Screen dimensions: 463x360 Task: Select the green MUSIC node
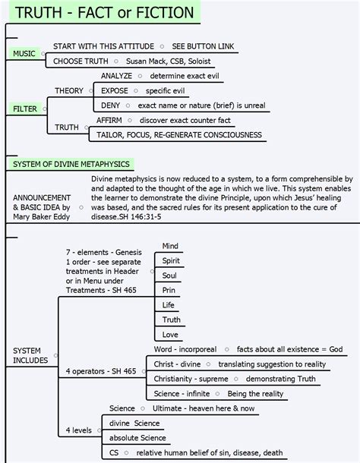[x=25, y=54]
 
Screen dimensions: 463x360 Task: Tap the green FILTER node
[x=26, y=109]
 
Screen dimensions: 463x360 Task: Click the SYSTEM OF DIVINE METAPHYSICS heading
[x=71, y=164]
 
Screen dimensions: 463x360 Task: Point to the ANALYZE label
[x=116, y=76]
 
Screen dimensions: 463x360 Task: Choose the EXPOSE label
[x=114, y=90]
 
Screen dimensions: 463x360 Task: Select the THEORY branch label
[x=69, y=90]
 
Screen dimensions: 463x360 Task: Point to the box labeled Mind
[x=170, y=246]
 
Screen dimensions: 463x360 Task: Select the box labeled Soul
[x=169, y=276]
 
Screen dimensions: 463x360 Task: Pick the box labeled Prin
[x=169, y=290]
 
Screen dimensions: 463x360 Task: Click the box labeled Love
[x=170, y=335]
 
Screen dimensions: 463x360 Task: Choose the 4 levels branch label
[x=78, y=430]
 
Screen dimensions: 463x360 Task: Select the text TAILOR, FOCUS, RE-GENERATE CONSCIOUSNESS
[x=179, y=135]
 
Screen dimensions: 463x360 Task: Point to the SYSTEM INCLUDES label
[x=30, y=356]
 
